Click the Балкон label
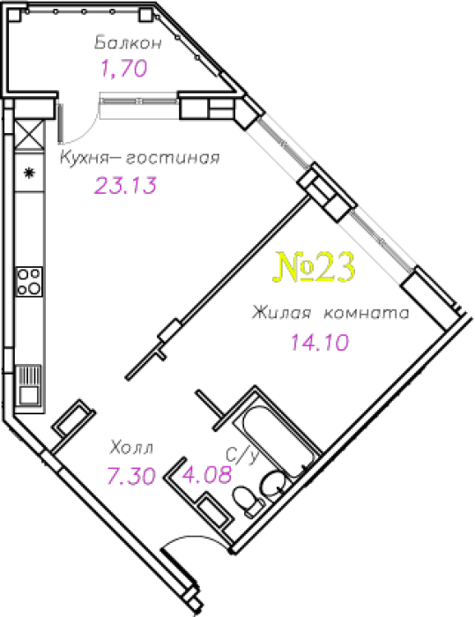pyautogui.click(x=129, y=42)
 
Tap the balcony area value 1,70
pyautogui.click(x=124, y=68)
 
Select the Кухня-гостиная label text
pyautogui.click(x=140, y=158)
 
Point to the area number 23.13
pyautogui.click(x=125, y=185)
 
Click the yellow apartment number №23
pyautogui.click(x=314, y=267)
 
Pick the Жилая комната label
pyautogui.click(x=330, y=313)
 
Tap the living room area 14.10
pyautogui.click(x=320, y=342)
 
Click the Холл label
pyautogui.click(x=131, y=448)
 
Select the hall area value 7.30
pyautogui.click(x=131, y=475)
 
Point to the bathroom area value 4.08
pyautogui.click(x=206, y=474)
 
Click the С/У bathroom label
pyautogui.click(x=243, y=455)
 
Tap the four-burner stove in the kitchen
pyautogui.click(x=29, y=281)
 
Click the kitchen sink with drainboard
pyautogui.click(x=29, y=385)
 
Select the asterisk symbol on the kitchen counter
pyautogui.click(x=29, y=173)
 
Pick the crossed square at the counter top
pyautogui.click(x=29, y=135)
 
